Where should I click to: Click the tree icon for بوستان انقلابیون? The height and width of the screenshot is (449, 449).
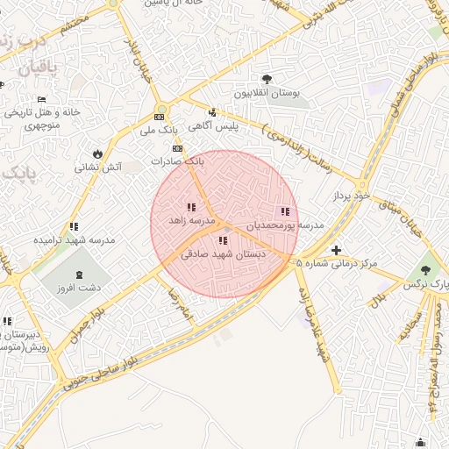(267, 79)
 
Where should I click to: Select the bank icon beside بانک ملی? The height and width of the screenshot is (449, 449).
(160, 117)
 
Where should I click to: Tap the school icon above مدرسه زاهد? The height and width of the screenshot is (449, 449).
(191, 208)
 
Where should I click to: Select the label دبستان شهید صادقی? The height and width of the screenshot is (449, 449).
(223, 253)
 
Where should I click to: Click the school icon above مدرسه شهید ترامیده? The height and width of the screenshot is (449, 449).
(74, 226)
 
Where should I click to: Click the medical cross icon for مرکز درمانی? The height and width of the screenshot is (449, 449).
(336, 250)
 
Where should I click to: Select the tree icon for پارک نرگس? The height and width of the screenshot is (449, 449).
(425, 271)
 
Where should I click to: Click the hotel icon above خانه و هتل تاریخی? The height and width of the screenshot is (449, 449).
(41, 100)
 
